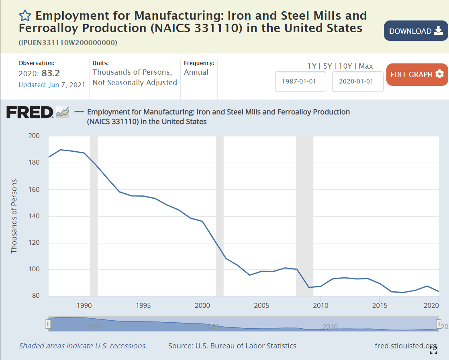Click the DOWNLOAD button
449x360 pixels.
point(415,31)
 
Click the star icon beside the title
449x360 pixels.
point(25,16)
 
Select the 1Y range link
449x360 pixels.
point(312,66)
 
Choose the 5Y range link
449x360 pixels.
point(328,66)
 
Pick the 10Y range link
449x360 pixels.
point(345,66)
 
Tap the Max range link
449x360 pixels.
point(366,66)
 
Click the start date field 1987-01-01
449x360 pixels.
point(300,81)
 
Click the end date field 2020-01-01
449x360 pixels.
point(357,81)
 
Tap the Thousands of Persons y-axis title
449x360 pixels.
point(14,216)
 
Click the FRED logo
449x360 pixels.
point(30,112)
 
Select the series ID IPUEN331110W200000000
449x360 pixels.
point(68,43)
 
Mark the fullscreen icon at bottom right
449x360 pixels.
point(433,350)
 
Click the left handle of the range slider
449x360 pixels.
point(48,324)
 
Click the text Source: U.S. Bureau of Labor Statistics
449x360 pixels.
point(232,346)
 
